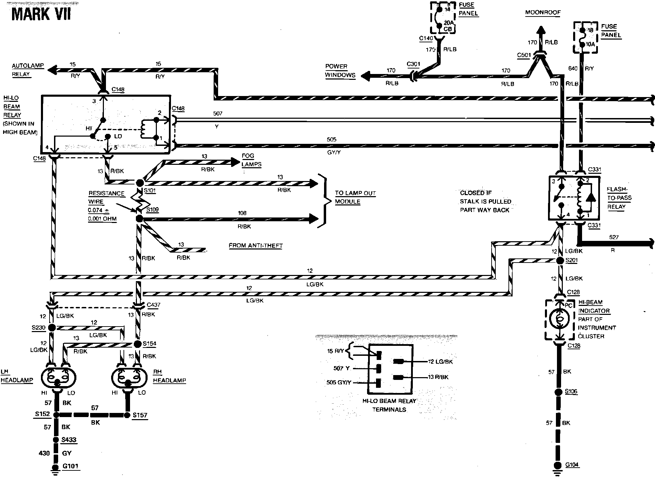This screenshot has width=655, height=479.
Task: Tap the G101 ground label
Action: click(70, 466)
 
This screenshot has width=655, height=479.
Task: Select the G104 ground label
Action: click(572, 465)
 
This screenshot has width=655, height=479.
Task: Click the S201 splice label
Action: click(572, 260)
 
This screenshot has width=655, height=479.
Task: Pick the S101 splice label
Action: click(150, 190)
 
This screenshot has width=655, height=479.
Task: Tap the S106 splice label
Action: click(571, 392)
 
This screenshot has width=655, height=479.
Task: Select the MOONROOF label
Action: click(543, 12)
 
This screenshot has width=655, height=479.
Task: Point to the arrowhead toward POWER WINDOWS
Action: click(365, 75)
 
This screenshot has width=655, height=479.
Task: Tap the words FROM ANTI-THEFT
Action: click(256, 245)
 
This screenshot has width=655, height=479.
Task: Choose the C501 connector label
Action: click(524, 55)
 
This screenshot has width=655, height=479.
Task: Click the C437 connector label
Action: click(153, 305)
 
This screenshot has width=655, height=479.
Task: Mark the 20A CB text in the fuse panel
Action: click(448, 26)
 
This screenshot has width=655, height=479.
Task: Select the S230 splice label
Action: click(39, 327)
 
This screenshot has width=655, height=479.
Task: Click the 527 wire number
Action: click(614, 237)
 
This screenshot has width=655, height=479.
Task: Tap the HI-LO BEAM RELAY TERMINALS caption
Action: click(389, 405)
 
